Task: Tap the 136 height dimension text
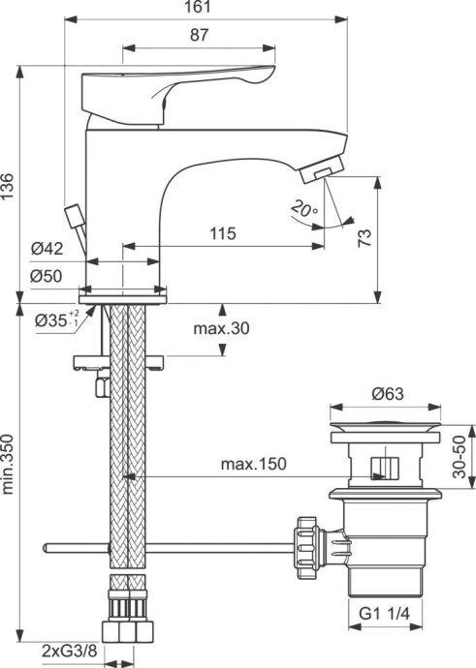tap(9, 185)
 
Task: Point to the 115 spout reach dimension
tap(223, 233)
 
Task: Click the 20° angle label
tap(302, 208)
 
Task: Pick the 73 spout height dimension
tap(365, 238)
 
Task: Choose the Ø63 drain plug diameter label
tap(388, 393)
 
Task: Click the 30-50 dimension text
tap(462, 460)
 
